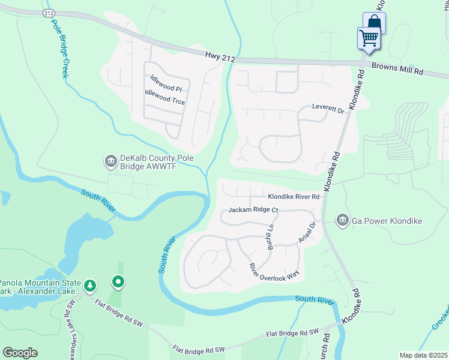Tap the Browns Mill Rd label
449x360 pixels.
click(397, 69)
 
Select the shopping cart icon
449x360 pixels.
click(369, 38)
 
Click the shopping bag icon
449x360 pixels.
click(374, 23)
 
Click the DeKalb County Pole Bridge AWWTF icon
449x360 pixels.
click(110, 161)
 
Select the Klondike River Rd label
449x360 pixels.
click(292, 196)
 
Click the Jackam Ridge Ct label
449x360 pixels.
click(253, 210)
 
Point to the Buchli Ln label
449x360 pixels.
click(270, 236)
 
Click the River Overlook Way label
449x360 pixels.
click(274, 271)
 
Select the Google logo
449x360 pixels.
click(20, 353)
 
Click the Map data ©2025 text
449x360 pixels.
click(423, 355)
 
